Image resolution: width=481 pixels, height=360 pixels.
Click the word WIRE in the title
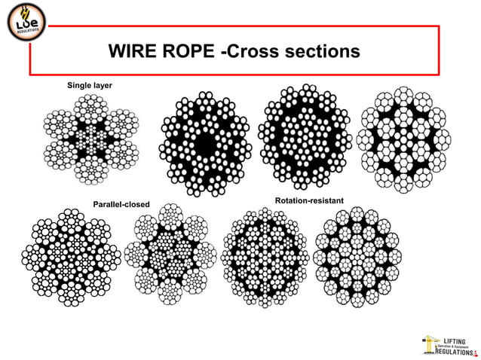[x=135, y=51]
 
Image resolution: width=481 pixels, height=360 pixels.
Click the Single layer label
[x=90, y=86]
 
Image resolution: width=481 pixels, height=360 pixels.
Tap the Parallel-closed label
[x=121, y=204]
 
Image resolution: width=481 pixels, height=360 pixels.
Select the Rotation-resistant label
[x=309, y=201]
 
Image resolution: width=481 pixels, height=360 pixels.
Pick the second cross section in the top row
[x=204, y=142]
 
